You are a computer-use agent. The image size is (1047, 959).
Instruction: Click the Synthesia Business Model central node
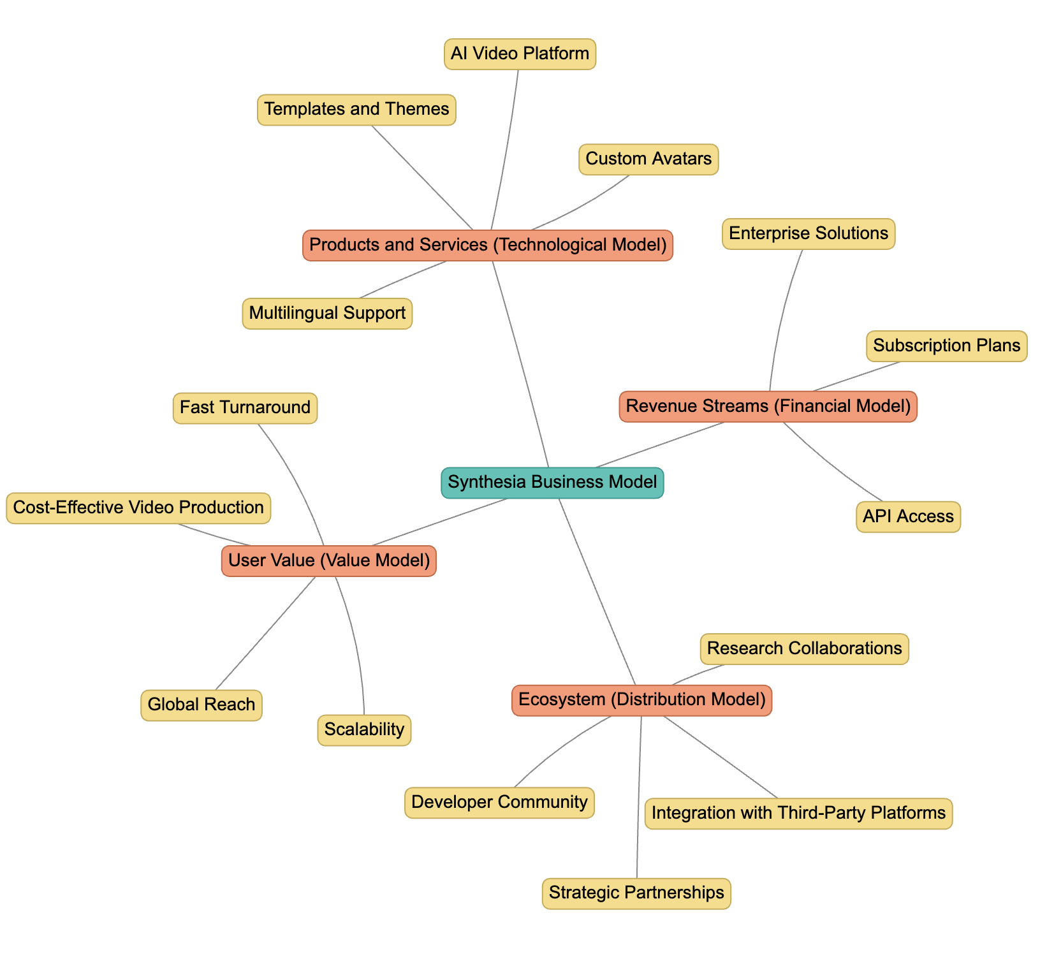tap(552, 483)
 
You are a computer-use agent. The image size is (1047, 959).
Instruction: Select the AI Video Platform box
tap(520, 54)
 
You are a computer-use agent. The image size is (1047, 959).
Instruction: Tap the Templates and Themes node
tap(356, 110)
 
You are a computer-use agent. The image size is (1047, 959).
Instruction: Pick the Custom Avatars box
tap(648, 159)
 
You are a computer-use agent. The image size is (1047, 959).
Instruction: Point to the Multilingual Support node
tap(327, 314)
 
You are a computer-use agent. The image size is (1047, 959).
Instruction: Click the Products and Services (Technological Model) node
tap(488, 245)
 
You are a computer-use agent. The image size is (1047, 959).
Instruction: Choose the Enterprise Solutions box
tap(809, 234)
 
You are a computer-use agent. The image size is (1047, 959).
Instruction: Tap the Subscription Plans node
tap(946, 346)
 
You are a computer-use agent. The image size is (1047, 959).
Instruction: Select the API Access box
tap(908, 517)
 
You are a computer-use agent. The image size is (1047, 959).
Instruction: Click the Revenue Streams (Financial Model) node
tap(768, 407)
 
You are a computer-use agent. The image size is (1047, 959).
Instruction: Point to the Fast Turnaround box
tap(245, 408)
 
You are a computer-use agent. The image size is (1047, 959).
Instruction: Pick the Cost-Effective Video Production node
tap(138, 508)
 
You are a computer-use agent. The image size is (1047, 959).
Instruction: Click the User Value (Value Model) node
tap(329, 561)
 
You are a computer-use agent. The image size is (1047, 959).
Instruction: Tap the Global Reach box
tap(201, 705)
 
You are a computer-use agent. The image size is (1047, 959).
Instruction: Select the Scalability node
tap(364, 730)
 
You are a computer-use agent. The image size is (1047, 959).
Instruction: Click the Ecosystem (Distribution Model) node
tap(641, 701)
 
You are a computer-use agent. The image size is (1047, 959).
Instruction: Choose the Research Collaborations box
tap(804, 649)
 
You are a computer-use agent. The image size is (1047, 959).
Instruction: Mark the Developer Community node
tap(499, 803)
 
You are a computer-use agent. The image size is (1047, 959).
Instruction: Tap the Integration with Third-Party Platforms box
tap(798, 814)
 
